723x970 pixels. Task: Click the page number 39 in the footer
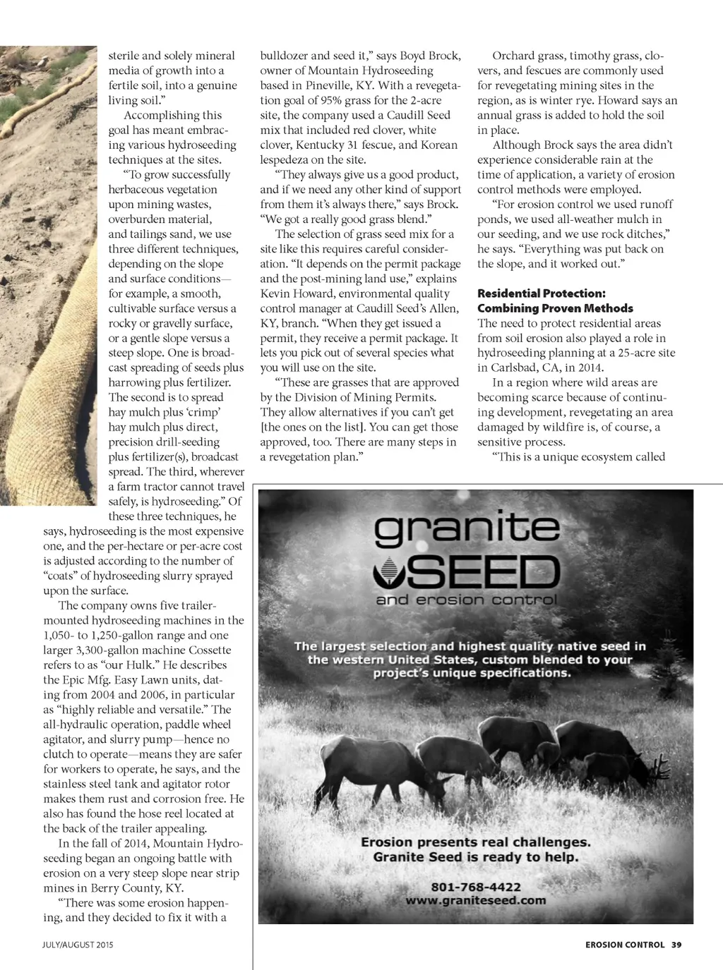pos(676,945)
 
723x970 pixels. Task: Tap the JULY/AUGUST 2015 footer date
pos(78,945)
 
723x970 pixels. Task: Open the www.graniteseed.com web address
pos(475,900)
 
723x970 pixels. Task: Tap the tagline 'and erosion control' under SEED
pos(467,600)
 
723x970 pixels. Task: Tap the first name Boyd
pos(413,56)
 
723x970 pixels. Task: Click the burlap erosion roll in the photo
pos(56,353)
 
